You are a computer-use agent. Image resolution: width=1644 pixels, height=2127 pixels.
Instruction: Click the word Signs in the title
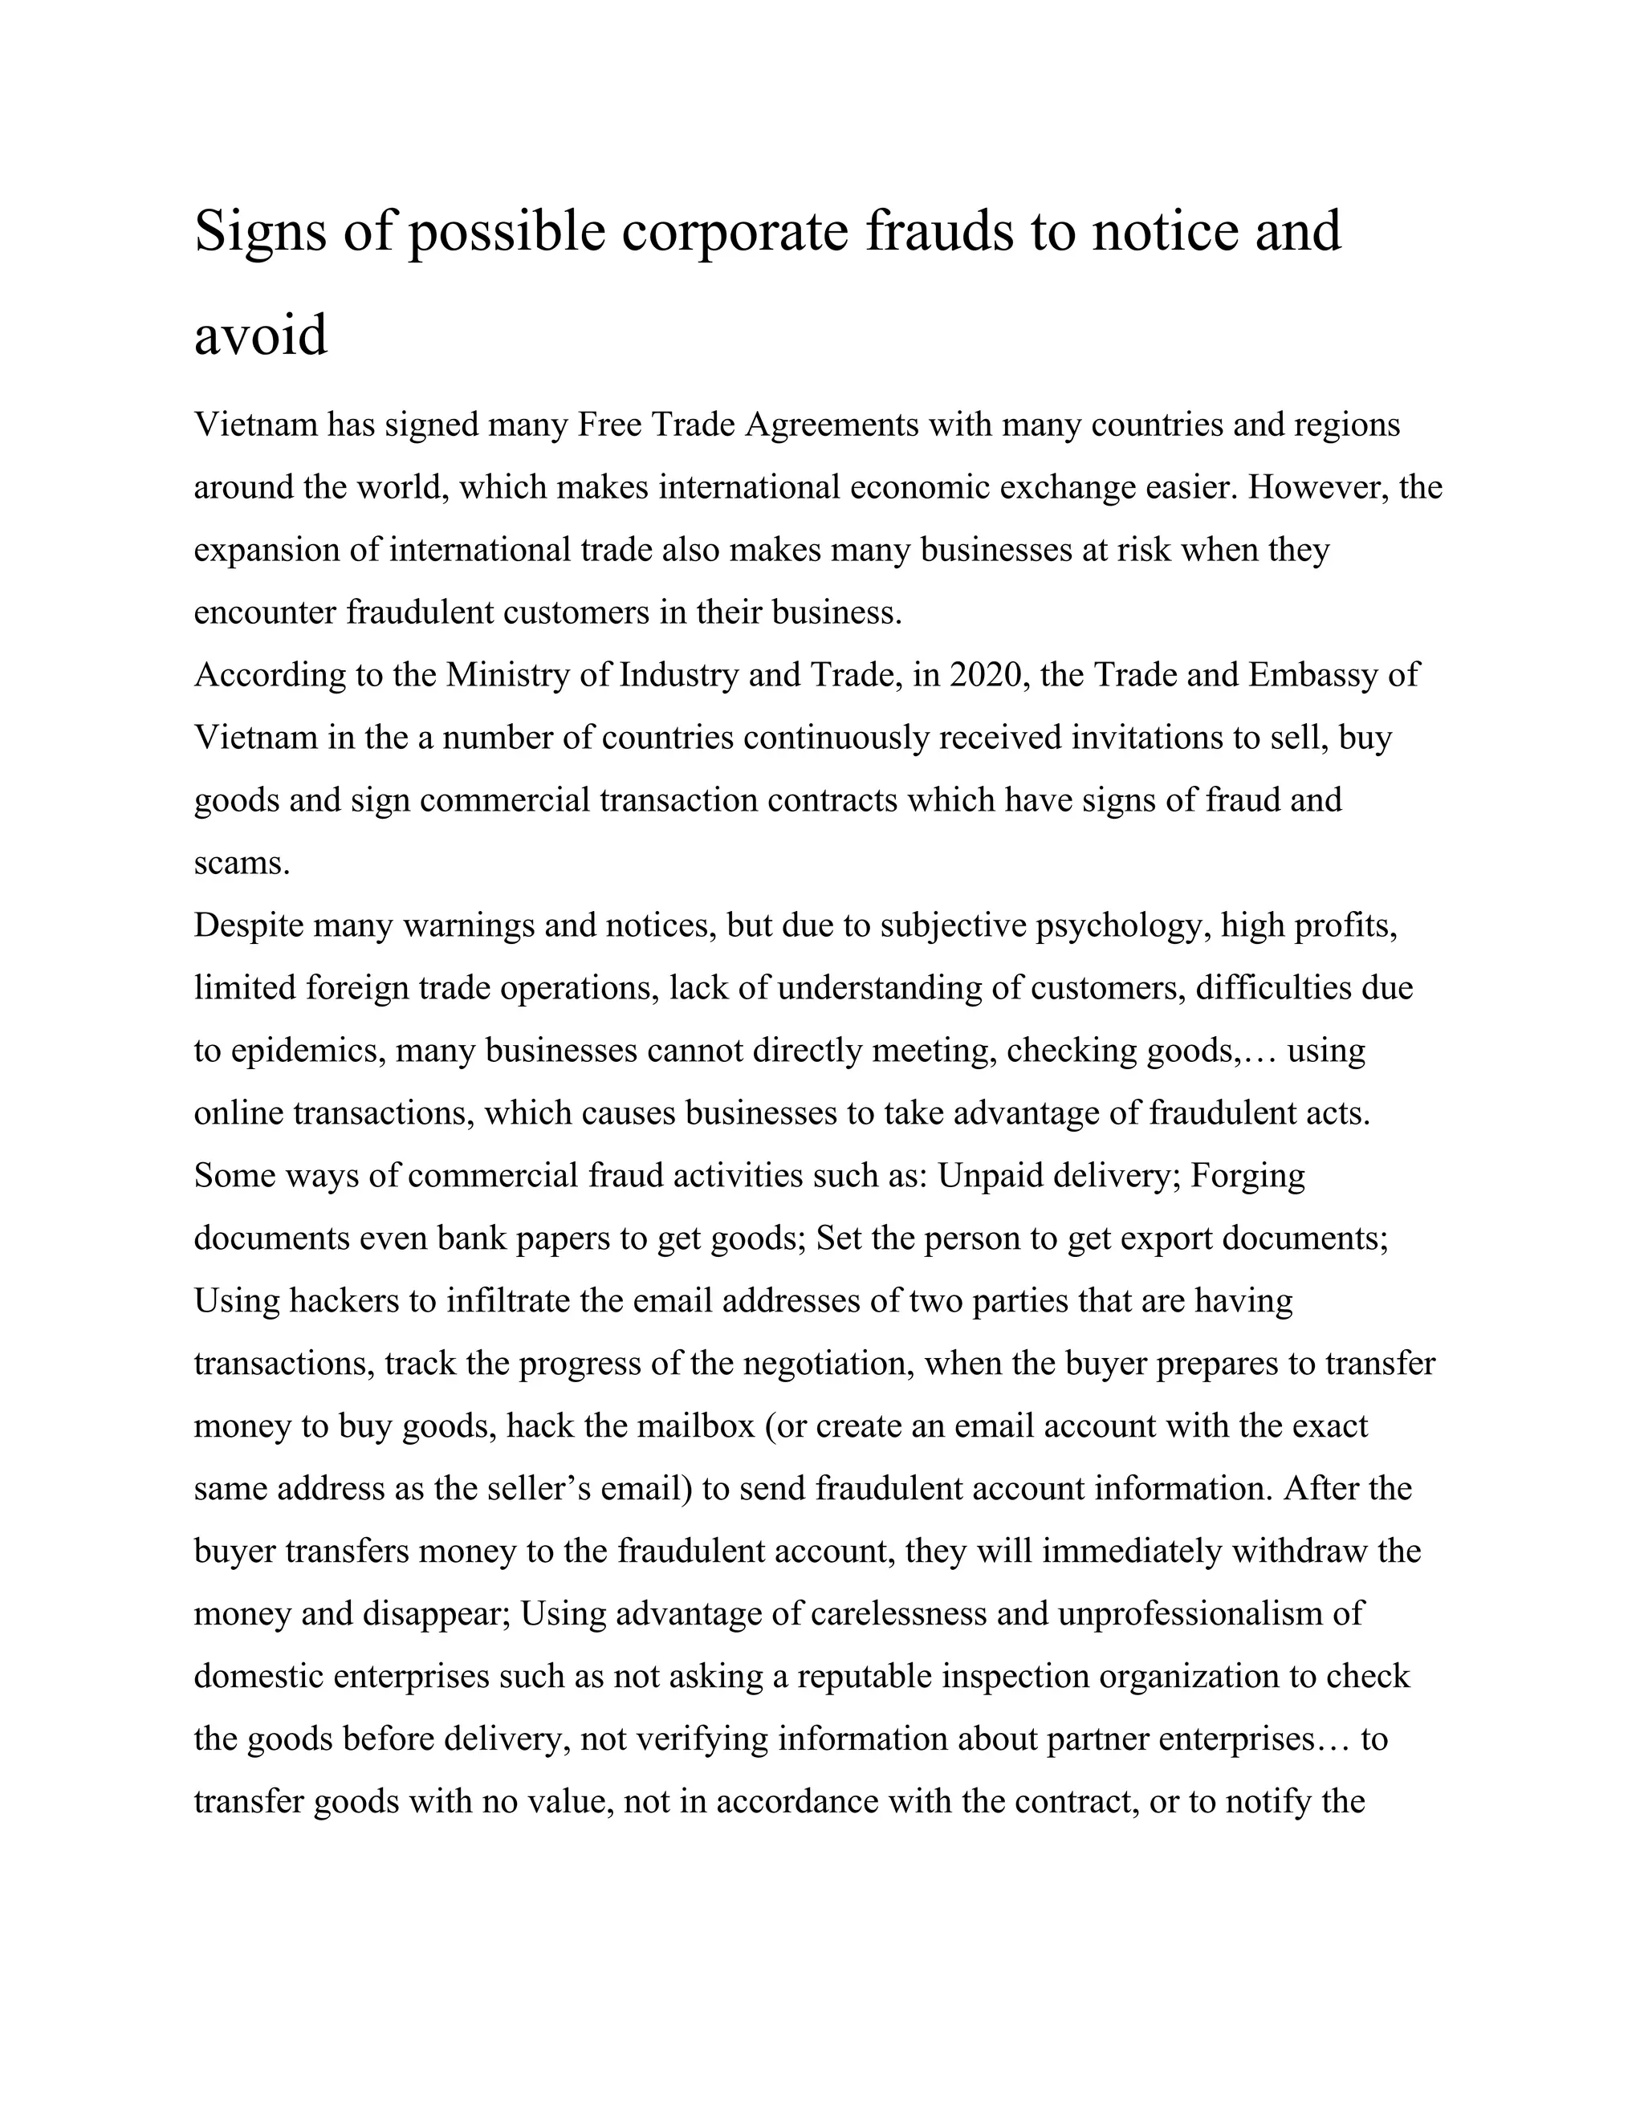tap(260, 232)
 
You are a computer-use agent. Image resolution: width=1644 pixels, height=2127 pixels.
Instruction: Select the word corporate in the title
tap(735, 232)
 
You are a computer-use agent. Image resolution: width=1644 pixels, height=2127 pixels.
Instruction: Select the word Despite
tap(248, 925)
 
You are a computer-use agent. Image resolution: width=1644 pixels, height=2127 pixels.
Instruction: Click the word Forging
tap(1247, 1176)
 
